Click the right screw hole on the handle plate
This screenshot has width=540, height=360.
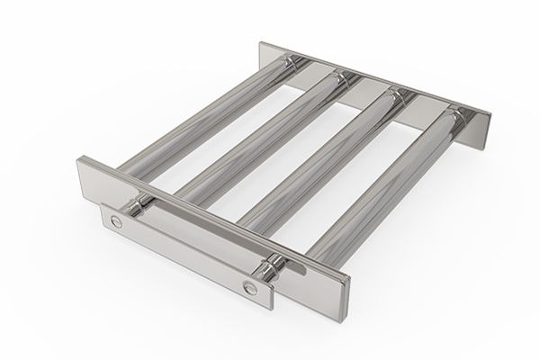(x=249, y=288)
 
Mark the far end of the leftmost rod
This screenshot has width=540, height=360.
(x=290, y=66)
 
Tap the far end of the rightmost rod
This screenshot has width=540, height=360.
(x=454, y=118)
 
